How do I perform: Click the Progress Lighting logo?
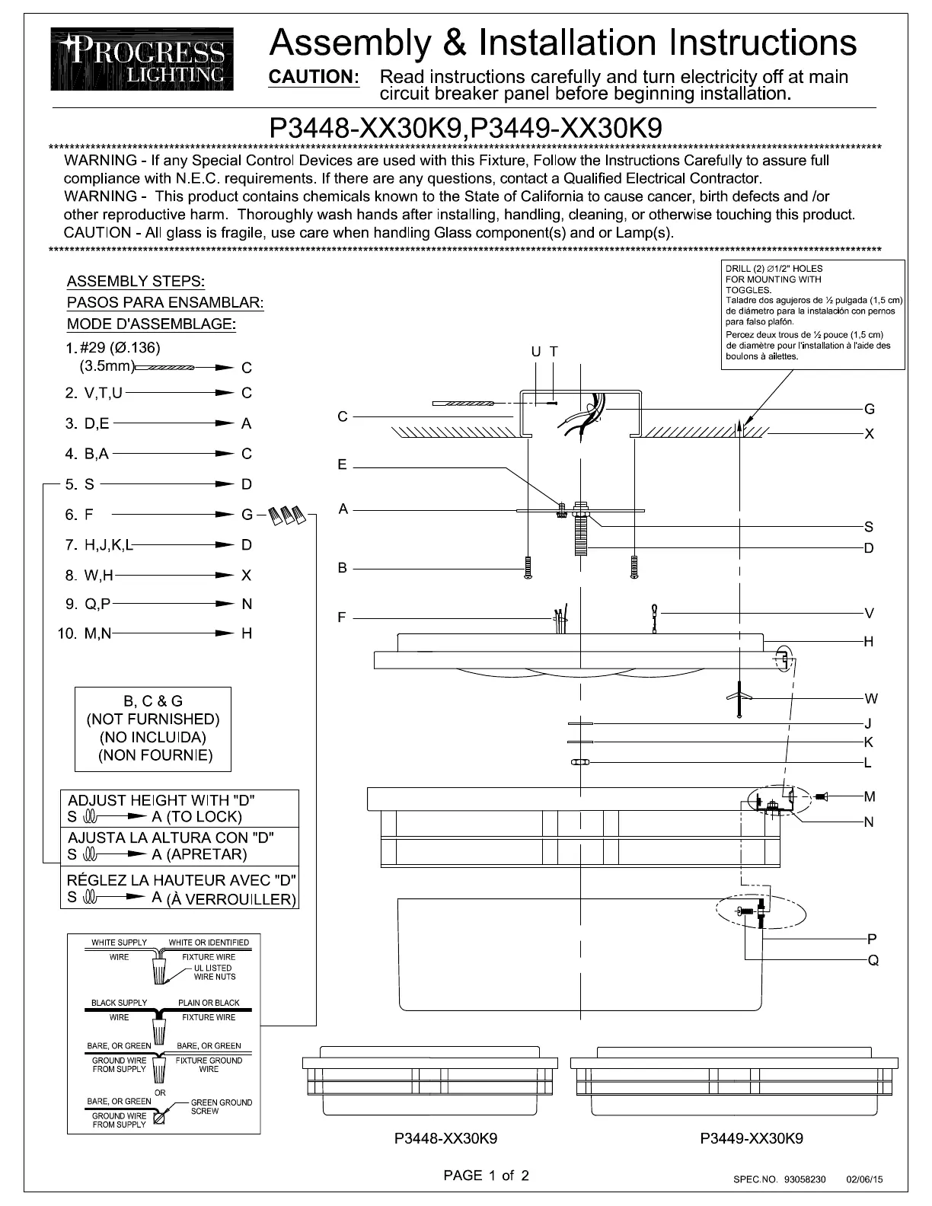[142, 59]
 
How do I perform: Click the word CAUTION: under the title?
[314, 77]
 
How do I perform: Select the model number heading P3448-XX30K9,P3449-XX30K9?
[465, 127]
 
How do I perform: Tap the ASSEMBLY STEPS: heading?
[136, 282]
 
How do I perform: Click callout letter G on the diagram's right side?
[870, 409]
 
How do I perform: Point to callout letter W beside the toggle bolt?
[871, 698]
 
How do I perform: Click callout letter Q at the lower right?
[873, 960]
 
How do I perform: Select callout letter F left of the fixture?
[342, 617]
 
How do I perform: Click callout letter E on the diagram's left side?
[342, 464]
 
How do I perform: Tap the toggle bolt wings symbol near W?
[739, 697]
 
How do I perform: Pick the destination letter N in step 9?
[247, 604]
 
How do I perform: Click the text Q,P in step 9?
[97, 604]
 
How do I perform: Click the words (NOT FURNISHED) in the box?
[153, 719]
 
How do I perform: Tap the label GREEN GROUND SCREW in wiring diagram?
[221, 1106]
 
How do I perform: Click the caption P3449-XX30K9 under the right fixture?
[751, 1138]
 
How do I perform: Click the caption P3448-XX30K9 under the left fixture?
[446, 1138]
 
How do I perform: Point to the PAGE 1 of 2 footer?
[486, 1175]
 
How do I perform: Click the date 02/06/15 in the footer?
[864, 1179]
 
